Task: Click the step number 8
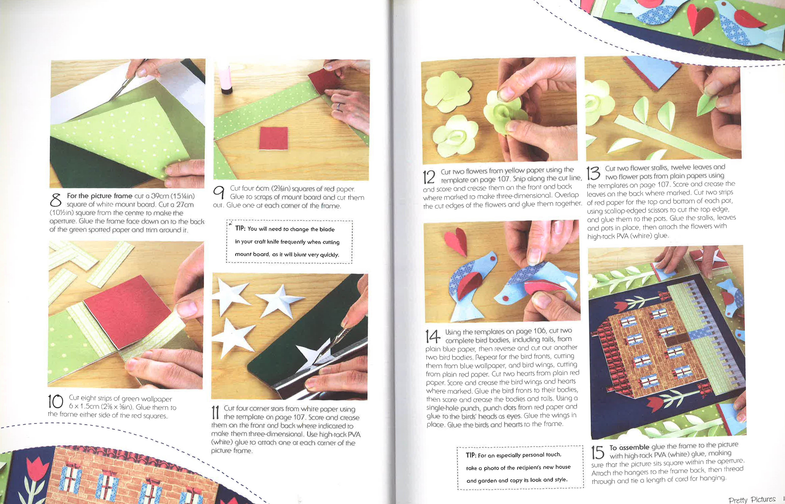[56, 200]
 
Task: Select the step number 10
[56, 401]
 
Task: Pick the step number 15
[598, 453]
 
